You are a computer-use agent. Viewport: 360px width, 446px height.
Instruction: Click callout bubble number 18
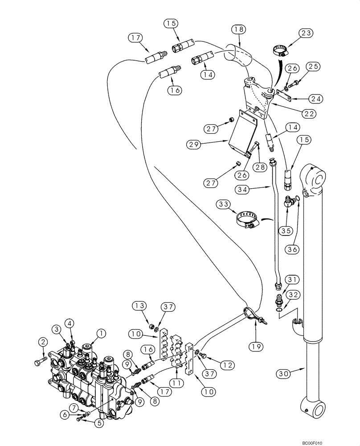239,30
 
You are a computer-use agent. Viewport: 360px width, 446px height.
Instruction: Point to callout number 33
225,204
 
